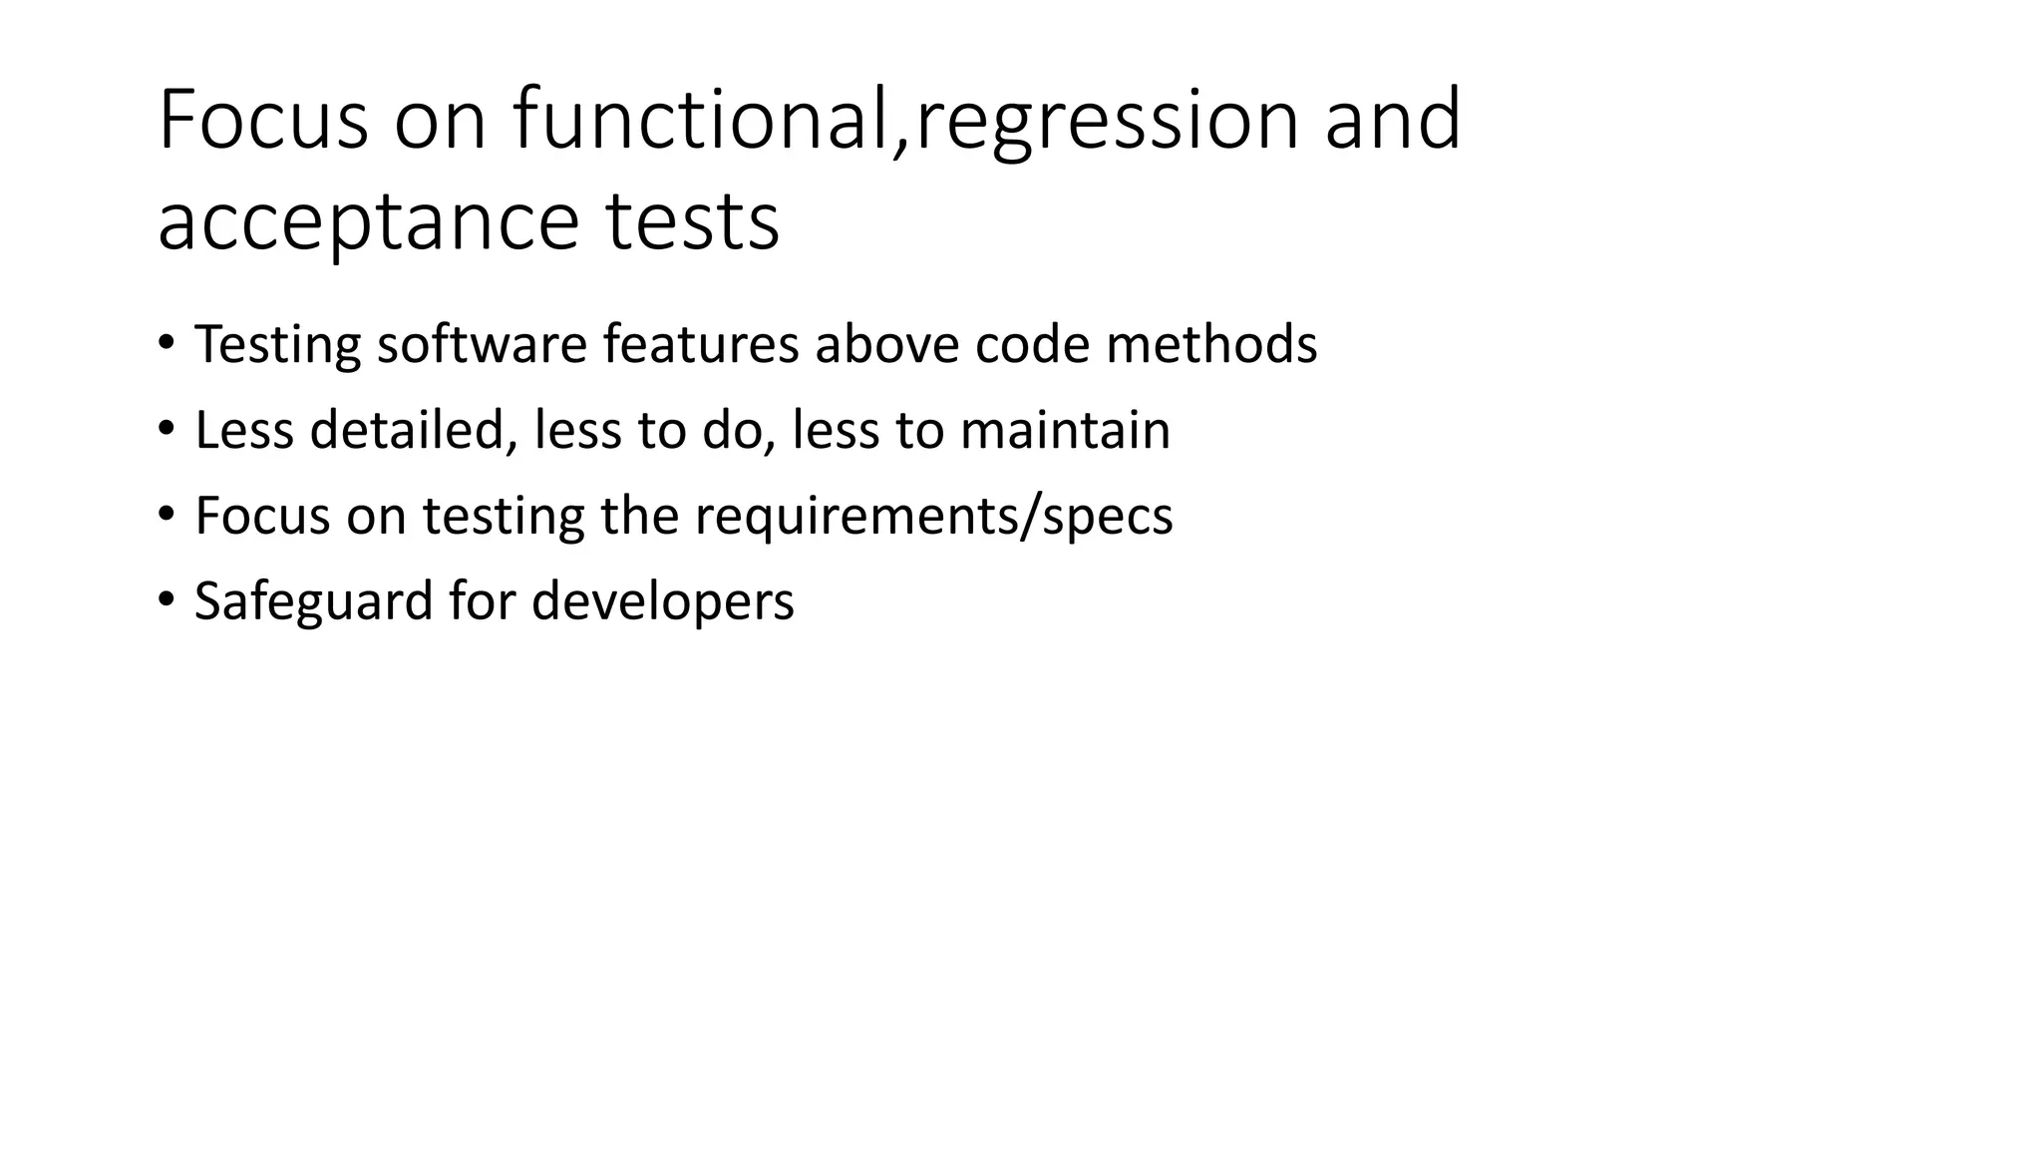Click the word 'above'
pyautogui.click(x=886, y=344)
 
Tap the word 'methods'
pyautogui.click(x=1210, y=344)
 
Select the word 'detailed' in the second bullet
pyautogui.click(x=413, y=431)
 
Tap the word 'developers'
pyautogui.click(x=662, y=602)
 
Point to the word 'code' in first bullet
pyautogui.click(x=1031, y=344)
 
